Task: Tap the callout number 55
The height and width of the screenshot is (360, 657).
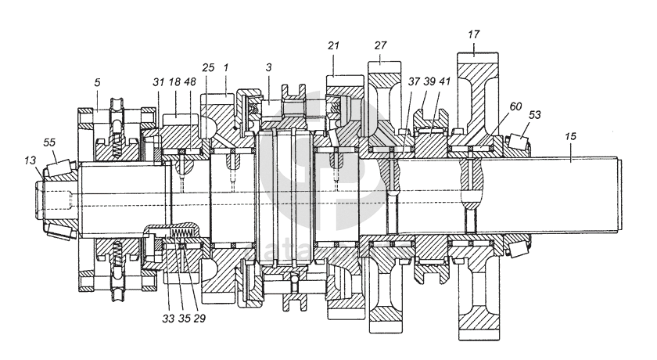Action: (49, 144)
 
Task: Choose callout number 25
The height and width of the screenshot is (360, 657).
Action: (208, 69)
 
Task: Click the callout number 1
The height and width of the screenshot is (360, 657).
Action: (225, 69)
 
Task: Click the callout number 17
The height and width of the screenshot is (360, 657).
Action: (474, 34)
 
